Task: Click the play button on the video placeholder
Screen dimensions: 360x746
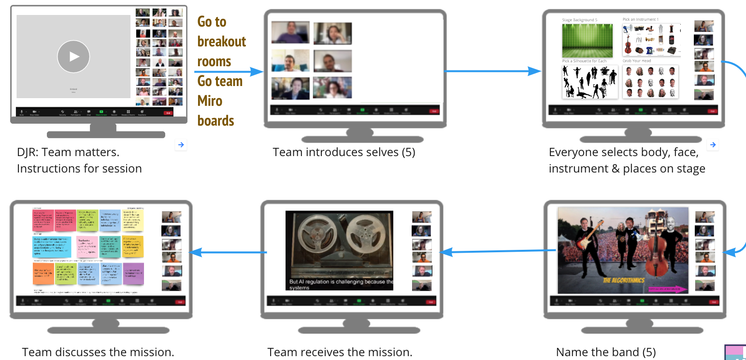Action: (x=73, y=57)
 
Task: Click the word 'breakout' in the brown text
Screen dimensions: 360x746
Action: (x=222, y=42)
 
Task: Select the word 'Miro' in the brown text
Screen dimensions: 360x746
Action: (x=210, y=101)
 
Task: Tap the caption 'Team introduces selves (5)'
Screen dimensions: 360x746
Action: (x=344, y=152)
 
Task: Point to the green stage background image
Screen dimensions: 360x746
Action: (x=587, y=41)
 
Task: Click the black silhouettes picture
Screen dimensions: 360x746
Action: (x=589, y=82)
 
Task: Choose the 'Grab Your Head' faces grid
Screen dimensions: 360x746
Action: (x=650, y=82)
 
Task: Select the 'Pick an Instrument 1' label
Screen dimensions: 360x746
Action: (x=640, y=19)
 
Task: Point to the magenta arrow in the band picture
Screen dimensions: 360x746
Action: (x=667, y=289)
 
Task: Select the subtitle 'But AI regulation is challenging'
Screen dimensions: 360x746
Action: (x=341, y=282)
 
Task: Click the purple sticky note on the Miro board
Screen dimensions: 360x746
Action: (x=133, y=273)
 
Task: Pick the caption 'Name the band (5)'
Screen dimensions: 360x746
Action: (x=606, y=352)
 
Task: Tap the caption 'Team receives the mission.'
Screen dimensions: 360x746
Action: (x=340, y=352)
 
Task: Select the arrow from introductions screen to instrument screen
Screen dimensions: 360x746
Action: (x=493, y=72)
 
